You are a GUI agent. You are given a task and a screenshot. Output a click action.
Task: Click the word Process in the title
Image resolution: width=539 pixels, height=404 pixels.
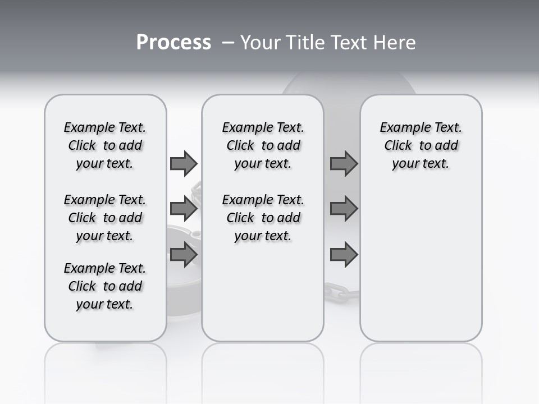tap(173, 43)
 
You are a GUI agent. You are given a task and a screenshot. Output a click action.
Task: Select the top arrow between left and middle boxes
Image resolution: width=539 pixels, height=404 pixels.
tap(184, 163)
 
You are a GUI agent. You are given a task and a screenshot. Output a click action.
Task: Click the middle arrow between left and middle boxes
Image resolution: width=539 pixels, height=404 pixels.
tap(184, 209)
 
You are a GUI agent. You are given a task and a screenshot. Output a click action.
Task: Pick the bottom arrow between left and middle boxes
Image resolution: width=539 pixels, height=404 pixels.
tap(184, 255)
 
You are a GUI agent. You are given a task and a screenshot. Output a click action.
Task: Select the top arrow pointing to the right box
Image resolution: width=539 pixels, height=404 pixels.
tap(344, 163)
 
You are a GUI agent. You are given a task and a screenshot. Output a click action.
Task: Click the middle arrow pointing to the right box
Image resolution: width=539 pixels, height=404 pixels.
tap(344, 209)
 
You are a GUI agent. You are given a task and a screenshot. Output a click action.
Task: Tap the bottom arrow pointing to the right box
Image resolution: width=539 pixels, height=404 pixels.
tap(344, 255)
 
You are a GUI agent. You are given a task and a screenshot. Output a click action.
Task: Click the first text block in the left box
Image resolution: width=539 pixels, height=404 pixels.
tap(105, 145)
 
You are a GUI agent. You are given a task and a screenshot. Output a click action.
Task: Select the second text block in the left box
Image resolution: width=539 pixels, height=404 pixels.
tap(105, 218)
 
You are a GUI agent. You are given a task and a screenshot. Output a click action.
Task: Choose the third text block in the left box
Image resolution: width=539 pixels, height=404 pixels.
tap(105, 286)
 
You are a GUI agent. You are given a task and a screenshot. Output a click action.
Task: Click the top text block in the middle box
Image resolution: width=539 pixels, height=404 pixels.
tap(263, 145)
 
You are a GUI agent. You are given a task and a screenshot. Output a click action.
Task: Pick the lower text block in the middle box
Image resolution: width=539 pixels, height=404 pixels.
tap(263, 218)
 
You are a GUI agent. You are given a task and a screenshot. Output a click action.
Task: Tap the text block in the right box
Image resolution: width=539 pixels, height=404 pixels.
tap(421, 145)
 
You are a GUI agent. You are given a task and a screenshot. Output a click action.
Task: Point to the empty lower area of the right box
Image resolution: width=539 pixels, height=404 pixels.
tap(421, 269)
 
